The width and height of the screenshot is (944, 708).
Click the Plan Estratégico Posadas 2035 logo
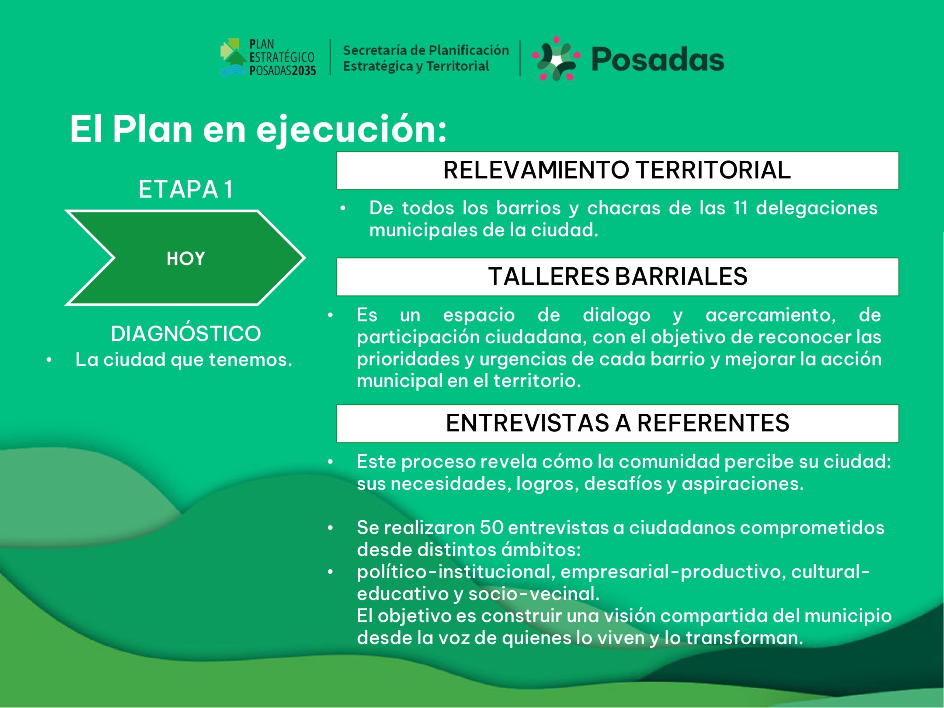point(268,57)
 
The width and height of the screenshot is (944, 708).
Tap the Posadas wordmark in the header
point(657,59)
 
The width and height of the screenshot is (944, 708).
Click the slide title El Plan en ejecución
point(258,129)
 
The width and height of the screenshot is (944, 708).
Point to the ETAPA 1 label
point(186,189)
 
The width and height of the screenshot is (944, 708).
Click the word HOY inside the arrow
point(185,258)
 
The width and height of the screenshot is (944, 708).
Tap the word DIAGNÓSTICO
point(185,333)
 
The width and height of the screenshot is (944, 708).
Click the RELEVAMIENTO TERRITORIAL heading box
point(618,170)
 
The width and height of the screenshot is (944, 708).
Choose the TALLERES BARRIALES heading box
point(618,277)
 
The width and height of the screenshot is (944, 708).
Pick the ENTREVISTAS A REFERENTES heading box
point(618,423)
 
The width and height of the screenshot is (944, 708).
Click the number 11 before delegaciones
point(740,208)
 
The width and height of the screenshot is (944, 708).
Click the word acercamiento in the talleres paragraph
point(771,315)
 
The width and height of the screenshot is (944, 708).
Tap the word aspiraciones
point(743,484)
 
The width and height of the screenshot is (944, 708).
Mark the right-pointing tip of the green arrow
point(305,258)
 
